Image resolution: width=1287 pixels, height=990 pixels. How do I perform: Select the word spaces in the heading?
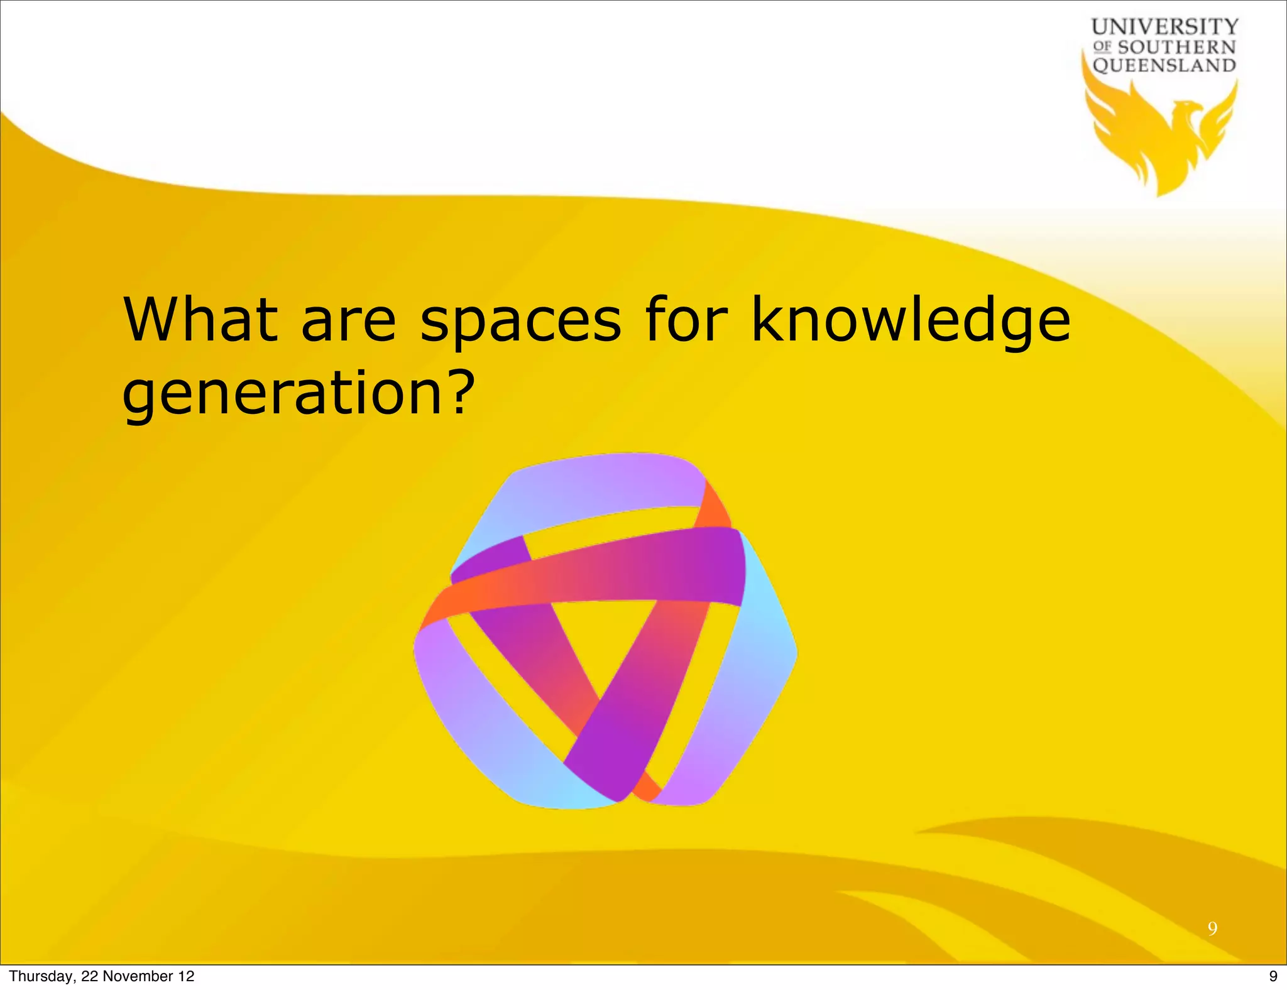(520, 322)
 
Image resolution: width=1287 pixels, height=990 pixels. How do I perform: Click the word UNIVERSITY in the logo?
(1164, 26)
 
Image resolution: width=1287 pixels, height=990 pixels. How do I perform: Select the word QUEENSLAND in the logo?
(1164, 65)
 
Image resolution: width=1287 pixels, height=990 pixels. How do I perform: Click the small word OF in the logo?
(1102, 46)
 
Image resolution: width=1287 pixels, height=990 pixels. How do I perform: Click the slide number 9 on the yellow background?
(1212, 928)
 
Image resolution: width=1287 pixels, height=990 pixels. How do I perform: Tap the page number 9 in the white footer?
(1273, 976)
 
